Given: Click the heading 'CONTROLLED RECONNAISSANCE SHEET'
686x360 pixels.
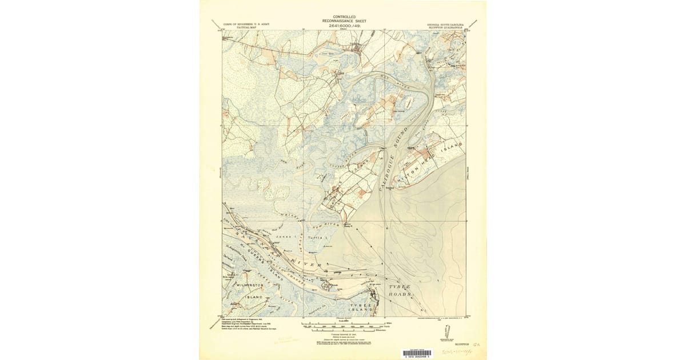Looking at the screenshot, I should click(344, 19).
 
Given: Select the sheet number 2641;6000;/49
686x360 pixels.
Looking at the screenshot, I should click(344, 25).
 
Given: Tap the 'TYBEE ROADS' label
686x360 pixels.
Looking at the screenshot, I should click(401, 289).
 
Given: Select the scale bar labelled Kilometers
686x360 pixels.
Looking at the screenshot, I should click(342, 330).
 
